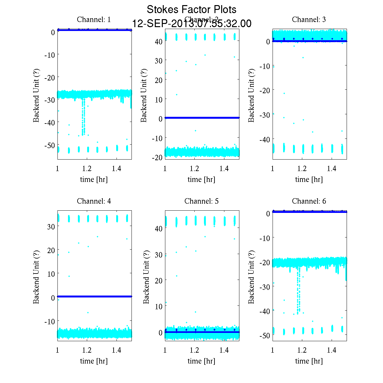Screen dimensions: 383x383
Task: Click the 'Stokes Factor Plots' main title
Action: [x=191, y=10]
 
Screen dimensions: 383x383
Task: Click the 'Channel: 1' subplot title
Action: [x=94, y=19]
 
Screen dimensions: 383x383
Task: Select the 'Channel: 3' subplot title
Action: [x=309, y=19]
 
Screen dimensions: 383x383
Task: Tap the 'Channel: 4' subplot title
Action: [x=94, y=201]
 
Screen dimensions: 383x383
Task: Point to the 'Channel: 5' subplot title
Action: [x=201, y=201]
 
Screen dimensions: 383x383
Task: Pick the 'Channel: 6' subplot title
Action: [x=309, y=201]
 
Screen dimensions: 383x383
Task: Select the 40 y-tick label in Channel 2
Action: [x=159, y=41]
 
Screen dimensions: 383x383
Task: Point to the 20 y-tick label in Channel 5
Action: [x=159, y=280]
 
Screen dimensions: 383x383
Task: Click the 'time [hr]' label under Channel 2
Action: [x=201, y=179]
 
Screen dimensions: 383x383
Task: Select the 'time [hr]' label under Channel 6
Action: [x=309, y=361]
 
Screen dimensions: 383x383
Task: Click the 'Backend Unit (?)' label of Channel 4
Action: [x=36, y=277]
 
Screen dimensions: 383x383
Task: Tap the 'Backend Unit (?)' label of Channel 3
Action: [x=251, y=95]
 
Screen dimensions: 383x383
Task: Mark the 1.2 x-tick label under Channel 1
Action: [x=87, y=169]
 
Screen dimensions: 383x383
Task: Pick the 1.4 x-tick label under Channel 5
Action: [x=224, y=350]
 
